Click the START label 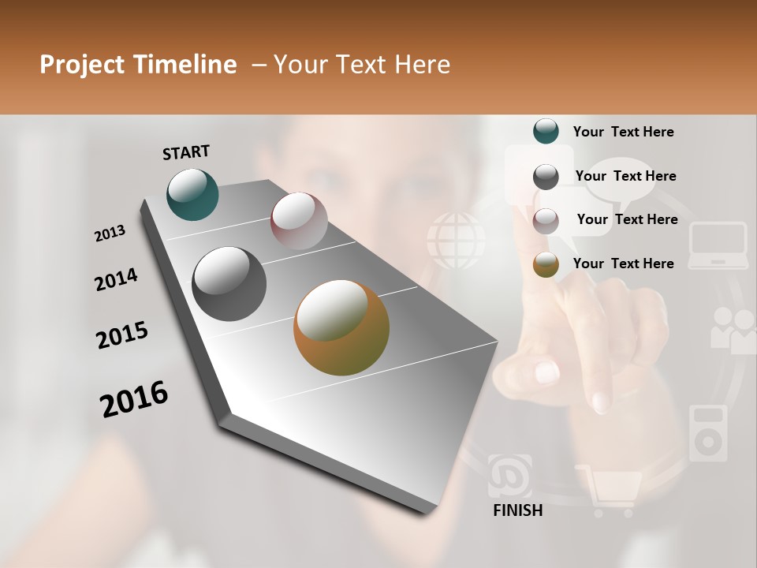(186, 152)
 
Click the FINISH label (517, 510)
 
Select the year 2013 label (110, 234)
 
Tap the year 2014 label (116, 280)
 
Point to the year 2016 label (134, 399)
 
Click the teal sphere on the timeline (192, 194)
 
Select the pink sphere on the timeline (299, 221)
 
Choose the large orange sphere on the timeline (341, 327)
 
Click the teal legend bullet (546, 132)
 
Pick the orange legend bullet (546, 264)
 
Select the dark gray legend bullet (546, 177)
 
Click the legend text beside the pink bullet (627, 219)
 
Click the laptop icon (718, 245)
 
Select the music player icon (708, 433)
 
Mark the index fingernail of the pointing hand (546, 371)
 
